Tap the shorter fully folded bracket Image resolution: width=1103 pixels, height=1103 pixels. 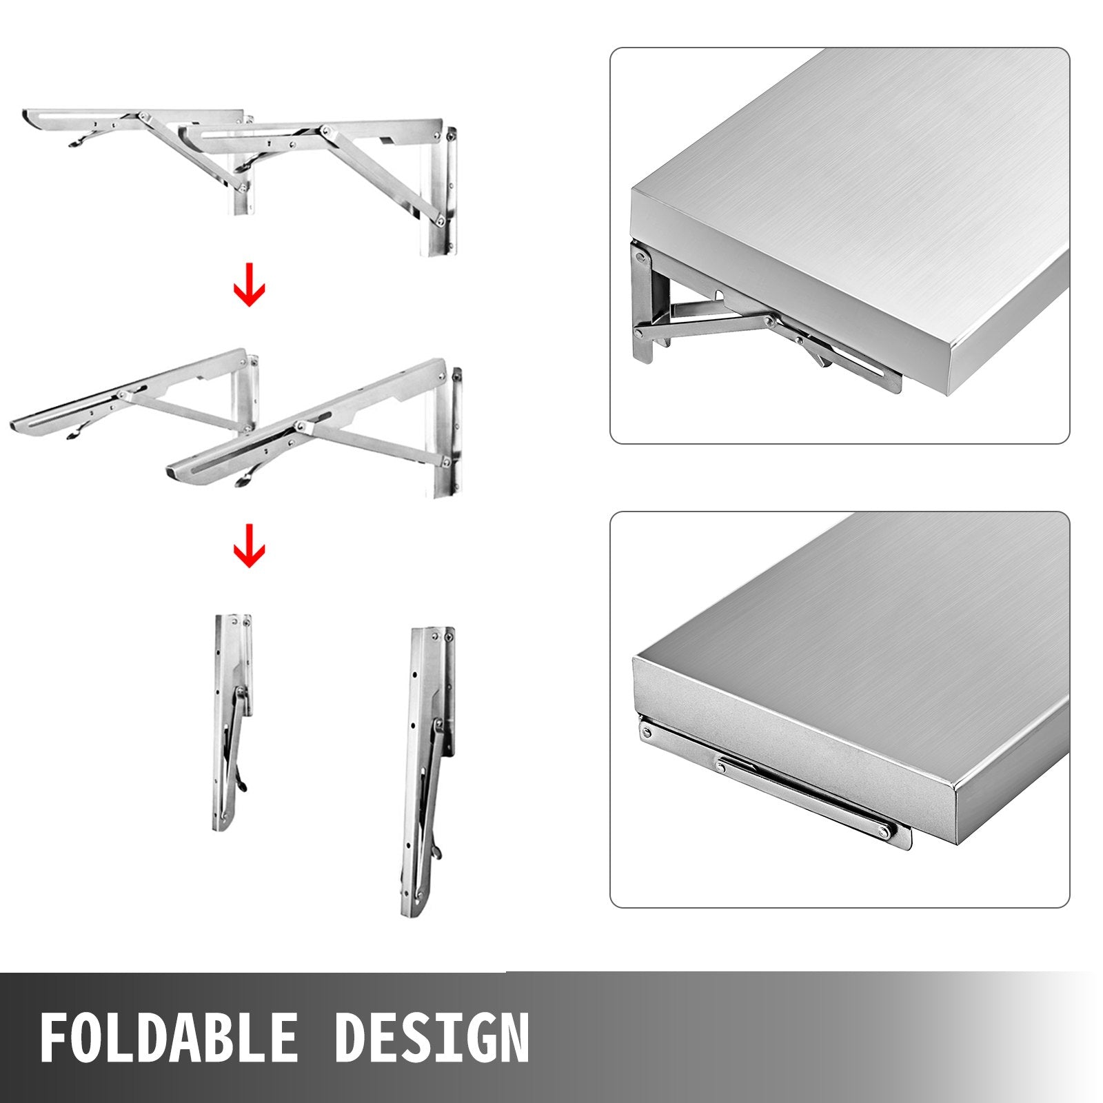pos(232,724)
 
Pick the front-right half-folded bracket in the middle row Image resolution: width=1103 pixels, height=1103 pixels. pos(324,434)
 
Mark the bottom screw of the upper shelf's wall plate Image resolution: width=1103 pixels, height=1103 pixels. pos(638,334)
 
